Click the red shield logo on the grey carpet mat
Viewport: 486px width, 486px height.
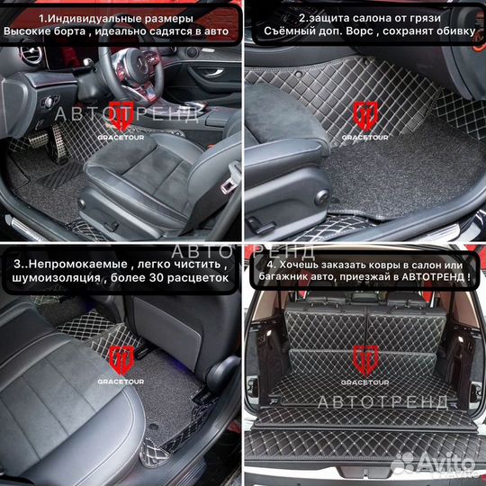coord(364,112)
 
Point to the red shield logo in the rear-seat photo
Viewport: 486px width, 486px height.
coord(121,359)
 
